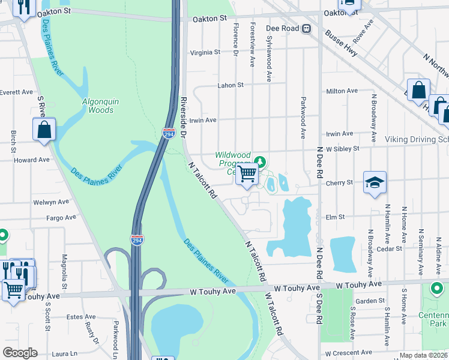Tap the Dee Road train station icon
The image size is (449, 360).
306,28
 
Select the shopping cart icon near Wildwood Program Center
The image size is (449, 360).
247,175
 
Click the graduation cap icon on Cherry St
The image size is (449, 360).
375,183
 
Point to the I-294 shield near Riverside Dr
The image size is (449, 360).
169,134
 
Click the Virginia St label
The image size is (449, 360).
205,52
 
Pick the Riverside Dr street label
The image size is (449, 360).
184,115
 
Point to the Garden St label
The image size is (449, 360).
370,301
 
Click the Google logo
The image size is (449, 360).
20,353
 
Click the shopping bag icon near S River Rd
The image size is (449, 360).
44,130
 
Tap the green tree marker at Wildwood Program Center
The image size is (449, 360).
260,161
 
